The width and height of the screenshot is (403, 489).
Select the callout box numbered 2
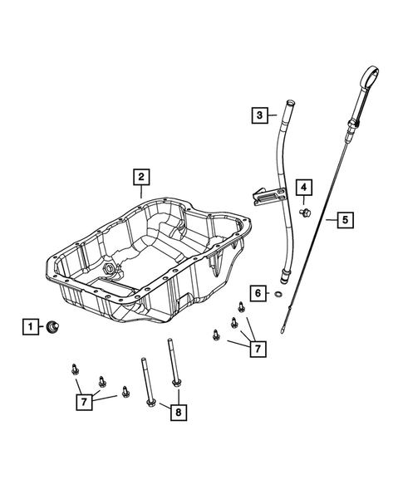[142, 176]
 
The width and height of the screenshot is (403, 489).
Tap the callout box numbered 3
[260, 115]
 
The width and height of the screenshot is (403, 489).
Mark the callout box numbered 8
[176, 410]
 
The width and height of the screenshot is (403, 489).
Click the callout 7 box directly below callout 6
[259, 348]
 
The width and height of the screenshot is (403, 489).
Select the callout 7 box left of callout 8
[82, 402]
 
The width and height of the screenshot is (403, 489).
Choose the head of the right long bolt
[176, 383]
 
